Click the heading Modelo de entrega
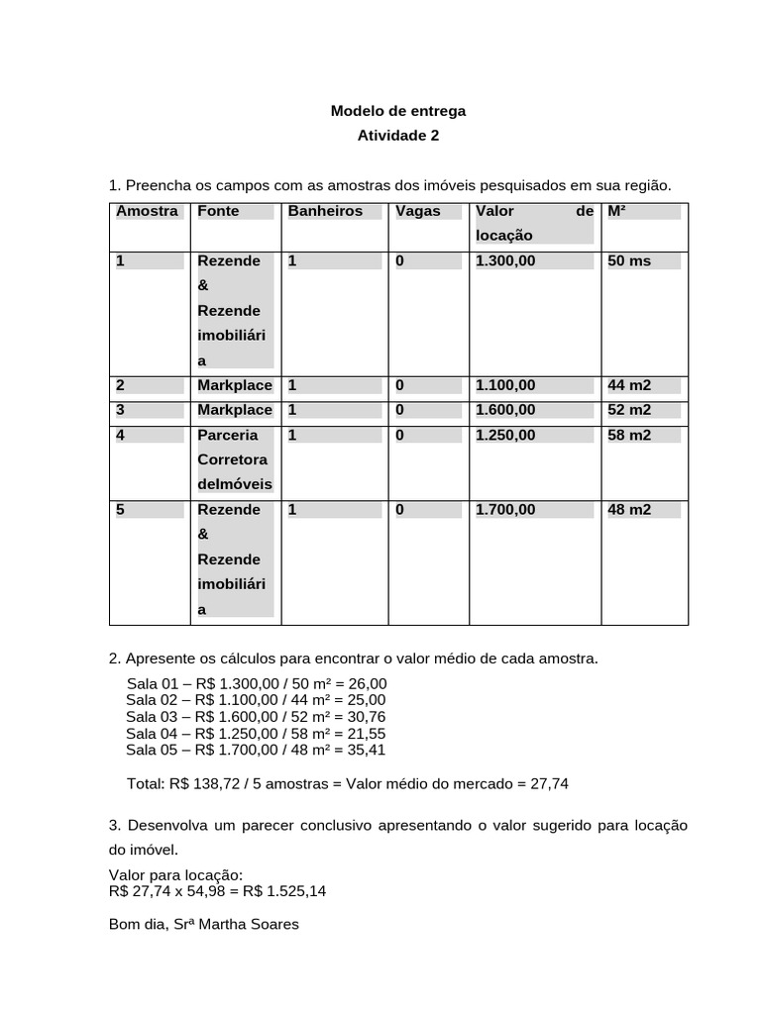(x=397, y=111)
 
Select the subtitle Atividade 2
(x=397, y=136)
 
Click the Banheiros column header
(x=325, y=211)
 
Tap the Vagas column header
(x=417, y=211)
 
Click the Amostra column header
(x=147, y=211)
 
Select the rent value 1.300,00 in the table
(x=505, y=260)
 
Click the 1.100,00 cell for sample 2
(x=505, y=384)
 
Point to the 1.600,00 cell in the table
(x=505, y=409)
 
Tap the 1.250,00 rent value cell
(x=505, y=435)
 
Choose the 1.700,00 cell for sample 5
(x=505, y=509)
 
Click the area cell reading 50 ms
(x=629, y=260)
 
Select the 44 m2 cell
(x=629, y=384)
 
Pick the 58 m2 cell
(x=629, y=435)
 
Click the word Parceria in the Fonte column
(x=228, y=435)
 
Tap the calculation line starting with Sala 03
(x=256, y=716)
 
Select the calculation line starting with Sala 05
(x=256, y=750)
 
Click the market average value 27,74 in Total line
(x=550, y=783)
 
